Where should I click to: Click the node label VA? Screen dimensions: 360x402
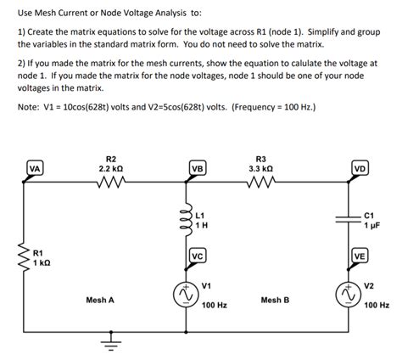click(x=35, y=168)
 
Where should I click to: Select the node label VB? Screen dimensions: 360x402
click(x=198, y=168)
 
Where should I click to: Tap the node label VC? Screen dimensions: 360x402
click(x=198, y=256)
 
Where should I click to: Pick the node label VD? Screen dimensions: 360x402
click(x=360, y=168)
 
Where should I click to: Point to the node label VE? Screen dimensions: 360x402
click(x=360, y=256)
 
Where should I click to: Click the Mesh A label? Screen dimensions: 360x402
click(x=100, y=300)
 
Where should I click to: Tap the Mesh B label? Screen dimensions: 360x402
click(x=275, y=300)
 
